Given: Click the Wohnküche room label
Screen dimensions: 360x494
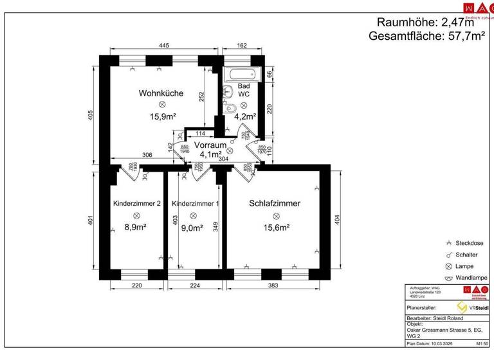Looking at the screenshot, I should pyautogui.click(x=161, y=93).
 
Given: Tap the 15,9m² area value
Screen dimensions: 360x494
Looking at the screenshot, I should pyautogui.click(x=163, y=116).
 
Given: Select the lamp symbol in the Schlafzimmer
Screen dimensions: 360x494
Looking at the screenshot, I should pyautogui.click(x=276, y=217).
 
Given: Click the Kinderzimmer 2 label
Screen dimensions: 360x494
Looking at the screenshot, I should pyautogui.click(x=136, y=203).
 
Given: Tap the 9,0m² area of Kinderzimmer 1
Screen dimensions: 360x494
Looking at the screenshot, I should pyautogui.click(x=192, y=227).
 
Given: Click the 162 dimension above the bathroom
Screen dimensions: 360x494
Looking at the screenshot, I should pyautogui.click(x=242, y=46).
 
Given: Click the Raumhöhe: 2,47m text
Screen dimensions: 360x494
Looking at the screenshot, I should pyautogui.click(x=430, y=22).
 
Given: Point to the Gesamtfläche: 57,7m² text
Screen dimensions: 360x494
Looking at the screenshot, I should pyautogui.click(x=426, y=37).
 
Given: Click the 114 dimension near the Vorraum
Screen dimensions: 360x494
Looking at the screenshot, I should pyautogui.click(x=200, y=134).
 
